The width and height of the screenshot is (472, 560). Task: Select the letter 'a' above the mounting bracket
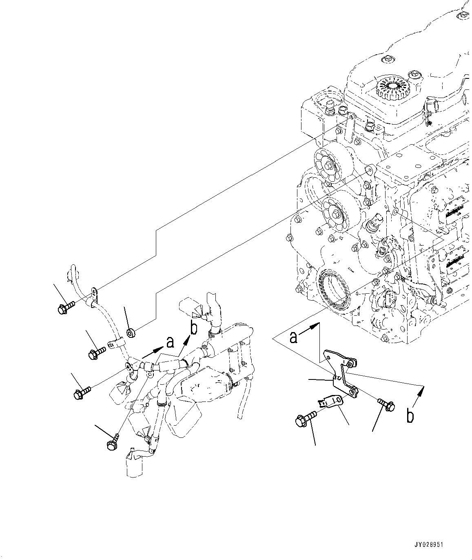(x=293, y=337)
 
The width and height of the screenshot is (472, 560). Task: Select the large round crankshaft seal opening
(x=333, y=291)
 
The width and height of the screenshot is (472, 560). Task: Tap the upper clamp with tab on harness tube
(x=93, y=297)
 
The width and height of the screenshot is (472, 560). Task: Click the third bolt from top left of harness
(x=82, y=393)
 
